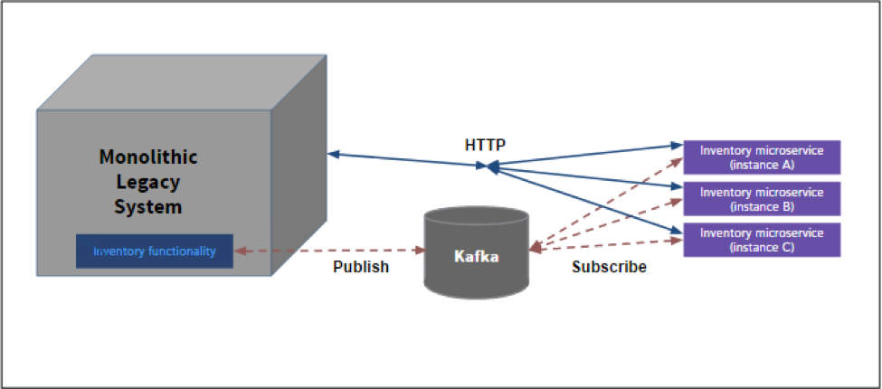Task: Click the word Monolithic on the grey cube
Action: (x=148, y=157)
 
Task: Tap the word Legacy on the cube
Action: (x=148, y=182)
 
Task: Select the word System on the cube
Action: (x=148, y=206)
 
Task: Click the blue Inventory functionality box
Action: (x=155, y=251)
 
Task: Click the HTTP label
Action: (x=484, y=144)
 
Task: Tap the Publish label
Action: (x=361, y=267)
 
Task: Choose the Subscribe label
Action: (x=609, y=267)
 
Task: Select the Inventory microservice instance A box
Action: (x=762, y=157)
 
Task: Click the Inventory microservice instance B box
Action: (x=762, y=199)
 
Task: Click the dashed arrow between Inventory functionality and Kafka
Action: (x=329, y=250)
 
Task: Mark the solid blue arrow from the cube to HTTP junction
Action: (x=407, y=160)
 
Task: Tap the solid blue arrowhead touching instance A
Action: (x=676, y=145)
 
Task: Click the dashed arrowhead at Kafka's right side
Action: (x=536, y=246)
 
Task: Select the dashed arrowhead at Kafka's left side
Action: (x=419, y=250)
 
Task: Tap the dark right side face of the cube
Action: (x=299, y=181)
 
